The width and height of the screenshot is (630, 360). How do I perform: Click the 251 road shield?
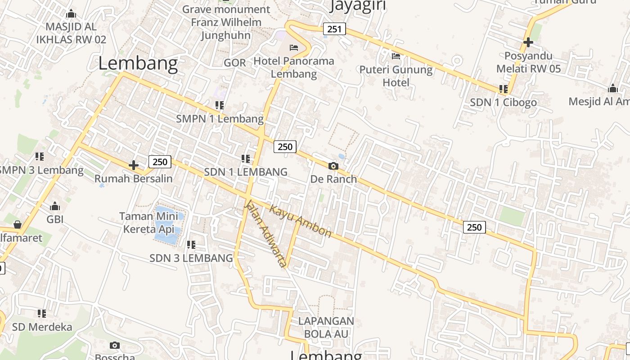click(334, 29)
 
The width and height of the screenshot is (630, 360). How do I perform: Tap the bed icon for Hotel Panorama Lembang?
click(294, 47)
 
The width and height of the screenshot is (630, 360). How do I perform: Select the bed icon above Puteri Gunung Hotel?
click(396, 56)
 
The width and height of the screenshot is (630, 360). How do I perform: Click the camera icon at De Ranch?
click(333, 166)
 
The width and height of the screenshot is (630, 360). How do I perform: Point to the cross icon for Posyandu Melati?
click(528, 42)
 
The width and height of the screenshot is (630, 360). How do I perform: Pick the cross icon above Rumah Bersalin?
click(134, 165)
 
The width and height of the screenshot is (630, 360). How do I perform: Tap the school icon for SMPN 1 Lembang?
click(220, 105)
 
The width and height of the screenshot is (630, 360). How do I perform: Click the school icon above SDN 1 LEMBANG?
click(246, 158)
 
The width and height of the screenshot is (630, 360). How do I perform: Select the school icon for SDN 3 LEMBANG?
click(191, 245)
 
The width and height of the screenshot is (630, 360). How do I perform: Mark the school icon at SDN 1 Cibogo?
click(504, 89)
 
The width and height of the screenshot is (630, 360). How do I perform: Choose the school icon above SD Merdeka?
click(42, 313)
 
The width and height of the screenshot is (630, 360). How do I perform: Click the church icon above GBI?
click(55, 207)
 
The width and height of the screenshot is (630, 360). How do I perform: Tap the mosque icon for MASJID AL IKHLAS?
click(71, 13)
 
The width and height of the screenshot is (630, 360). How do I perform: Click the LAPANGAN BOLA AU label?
click(326, 327)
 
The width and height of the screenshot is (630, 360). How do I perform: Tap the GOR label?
click(235, 63)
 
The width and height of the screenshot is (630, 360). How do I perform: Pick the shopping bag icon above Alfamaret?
click(18, 224)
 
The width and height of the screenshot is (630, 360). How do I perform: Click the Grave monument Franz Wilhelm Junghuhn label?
click(226, 22)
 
